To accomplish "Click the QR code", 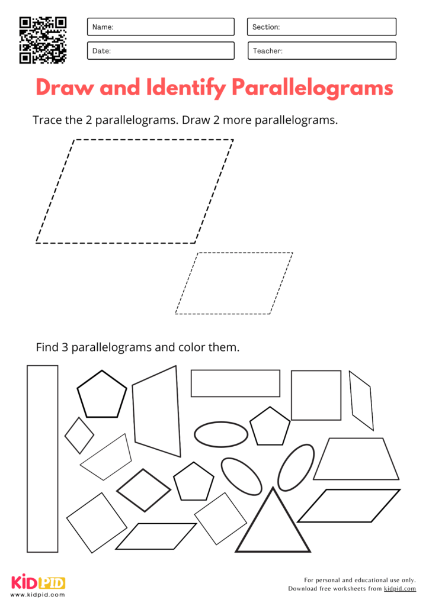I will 43,40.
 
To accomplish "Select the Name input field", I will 161,27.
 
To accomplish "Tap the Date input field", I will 161,51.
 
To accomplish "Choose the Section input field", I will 321,27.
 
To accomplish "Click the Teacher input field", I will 321,51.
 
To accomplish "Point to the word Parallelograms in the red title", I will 312,88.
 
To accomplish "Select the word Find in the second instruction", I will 47,347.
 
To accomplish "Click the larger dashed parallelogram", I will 135,191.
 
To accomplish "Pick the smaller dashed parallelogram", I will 234,283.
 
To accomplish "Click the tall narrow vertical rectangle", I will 43,459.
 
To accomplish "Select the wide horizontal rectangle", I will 235,383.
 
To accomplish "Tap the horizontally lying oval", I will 221,434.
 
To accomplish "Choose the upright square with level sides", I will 316,395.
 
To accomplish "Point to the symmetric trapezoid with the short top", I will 356,459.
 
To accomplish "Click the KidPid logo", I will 38,582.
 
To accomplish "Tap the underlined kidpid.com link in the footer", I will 399,589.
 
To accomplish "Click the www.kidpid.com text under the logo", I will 38,595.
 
